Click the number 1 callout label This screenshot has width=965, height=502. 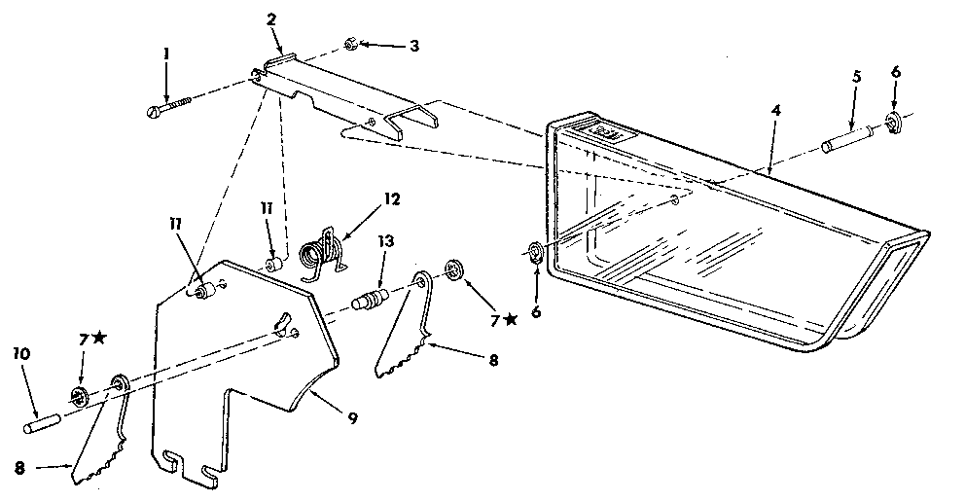[166, 54]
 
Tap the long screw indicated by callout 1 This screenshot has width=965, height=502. [175, 102]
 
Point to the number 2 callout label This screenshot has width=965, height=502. [271, 19]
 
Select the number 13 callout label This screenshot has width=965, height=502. [386, 242]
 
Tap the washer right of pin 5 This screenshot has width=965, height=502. [892, 124]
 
